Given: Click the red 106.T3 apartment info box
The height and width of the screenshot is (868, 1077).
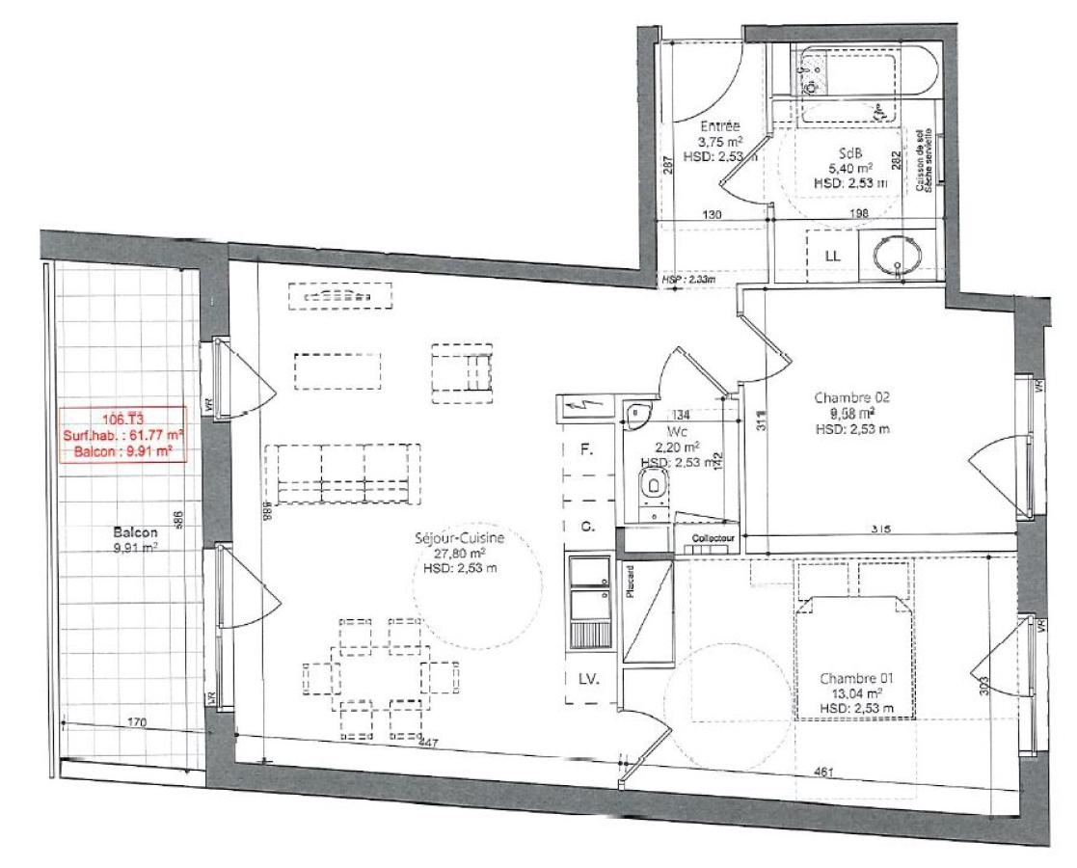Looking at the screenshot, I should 122,435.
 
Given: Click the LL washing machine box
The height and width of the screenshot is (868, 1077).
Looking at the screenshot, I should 832,257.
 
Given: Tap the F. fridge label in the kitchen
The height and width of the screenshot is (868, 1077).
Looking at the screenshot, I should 585,450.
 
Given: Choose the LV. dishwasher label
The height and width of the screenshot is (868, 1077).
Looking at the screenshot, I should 588,679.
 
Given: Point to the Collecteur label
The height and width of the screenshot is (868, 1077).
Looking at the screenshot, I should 713,538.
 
